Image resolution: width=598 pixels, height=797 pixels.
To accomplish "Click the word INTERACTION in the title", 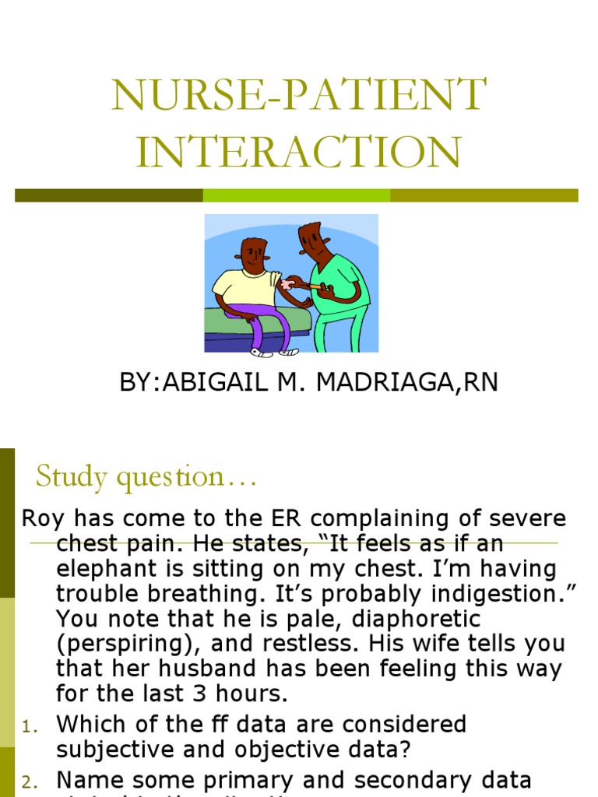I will tap(298, 152).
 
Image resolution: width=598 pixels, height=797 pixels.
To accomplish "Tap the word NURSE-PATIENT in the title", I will tap(298, 95).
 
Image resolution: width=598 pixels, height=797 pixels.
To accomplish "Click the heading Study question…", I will tap(146, 476).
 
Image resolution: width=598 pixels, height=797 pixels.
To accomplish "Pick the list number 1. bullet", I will tap(29, 727).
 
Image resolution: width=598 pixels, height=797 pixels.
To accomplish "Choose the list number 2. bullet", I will tap(29, 781).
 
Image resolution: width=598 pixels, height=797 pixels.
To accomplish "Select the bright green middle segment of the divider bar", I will tap(296, 195).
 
